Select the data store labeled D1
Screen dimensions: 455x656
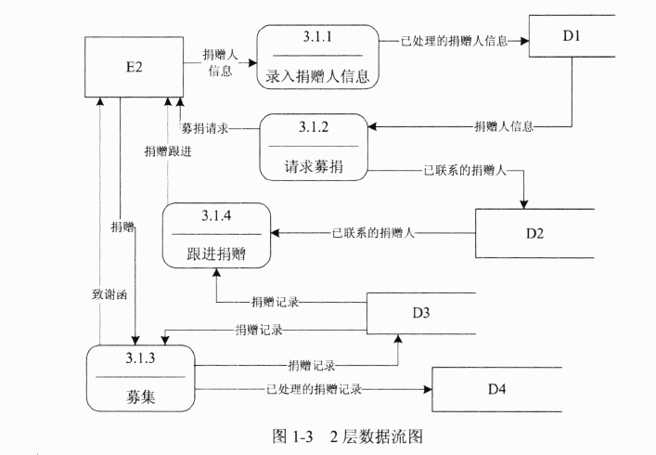tap(571, 37)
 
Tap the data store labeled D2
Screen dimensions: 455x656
tap(534, 232)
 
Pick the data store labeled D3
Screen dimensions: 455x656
tap(420, 313)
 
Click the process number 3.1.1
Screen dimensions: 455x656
tap(317, 36)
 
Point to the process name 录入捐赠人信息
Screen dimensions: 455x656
tap(318, 76)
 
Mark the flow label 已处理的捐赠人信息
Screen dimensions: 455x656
tap(454, 41)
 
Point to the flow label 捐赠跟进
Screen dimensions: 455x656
tap(167, 151)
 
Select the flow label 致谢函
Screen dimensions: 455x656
tap(98, 294)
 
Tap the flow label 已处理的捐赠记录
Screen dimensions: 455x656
tap(313, 388)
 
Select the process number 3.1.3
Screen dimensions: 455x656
tap(141, 357)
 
